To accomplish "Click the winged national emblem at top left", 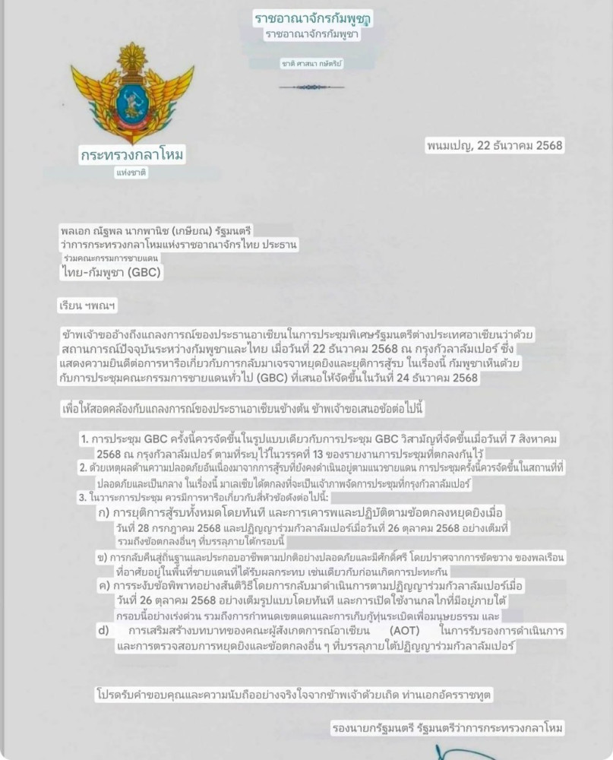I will pyautogui.click(x=132, y=92).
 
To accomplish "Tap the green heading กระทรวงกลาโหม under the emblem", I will pyautogui.click(x=132, y=155).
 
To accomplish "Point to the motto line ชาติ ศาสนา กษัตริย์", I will pyautogui.click(x=311, y=64).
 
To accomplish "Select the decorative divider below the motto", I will pyautogui.click(x=311, y=87).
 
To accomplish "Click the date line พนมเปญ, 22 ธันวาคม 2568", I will pyautogui.click(x=495, y=145).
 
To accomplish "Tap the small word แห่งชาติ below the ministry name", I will pyautogui.click(x=131, y=173).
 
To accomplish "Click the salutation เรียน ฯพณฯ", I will pyautogui.click(x=88, y=306).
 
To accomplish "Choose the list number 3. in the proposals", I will pyautogui.click(x=83, y=497).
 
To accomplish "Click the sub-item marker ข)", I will pyautogui.click(x=102, y=556).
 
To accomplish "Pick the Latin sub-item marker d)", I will pyautogui.click(x=103, y=631).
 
